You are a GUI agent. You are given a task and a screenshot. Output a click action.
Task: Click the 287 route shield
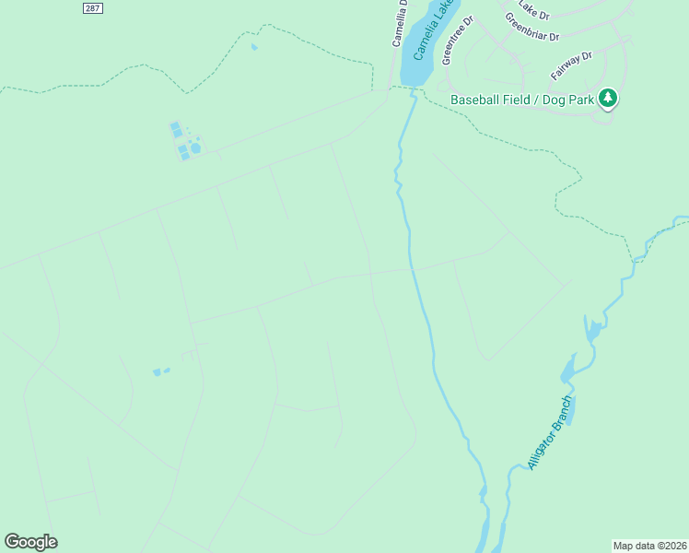[91, 7]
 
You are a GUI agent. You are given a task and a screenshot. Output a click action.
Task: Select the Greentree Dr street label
[457, 39]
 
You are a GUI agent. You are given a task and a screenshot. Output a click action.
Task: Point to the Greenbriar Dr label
[531, 28]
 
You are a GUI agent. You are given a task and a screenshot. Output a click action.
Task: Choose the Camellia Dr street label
[401, 20]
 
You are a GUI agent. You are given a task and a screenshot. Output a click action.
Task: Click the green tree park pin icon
[607, 98]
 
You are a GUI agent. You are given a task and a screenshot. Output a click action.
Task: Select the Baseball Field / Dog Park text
[521, 100]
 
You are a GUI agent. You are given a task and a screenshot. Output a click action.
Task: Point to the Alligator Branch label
[550, 433]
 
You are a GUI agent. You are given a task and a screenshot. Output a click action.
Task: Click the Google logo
[30, 542]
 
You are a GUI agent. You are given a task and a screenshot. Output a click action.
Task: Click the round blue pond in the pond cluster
[195, 148]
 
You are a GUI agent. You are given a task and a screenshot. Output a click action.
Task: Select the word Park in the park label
[579, 100]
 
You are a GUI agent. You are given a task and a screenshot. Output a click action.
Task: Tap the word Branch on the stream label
[561, 413]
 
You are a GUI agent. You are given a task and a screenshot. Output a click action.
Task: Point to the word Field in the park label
[516, 100]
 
